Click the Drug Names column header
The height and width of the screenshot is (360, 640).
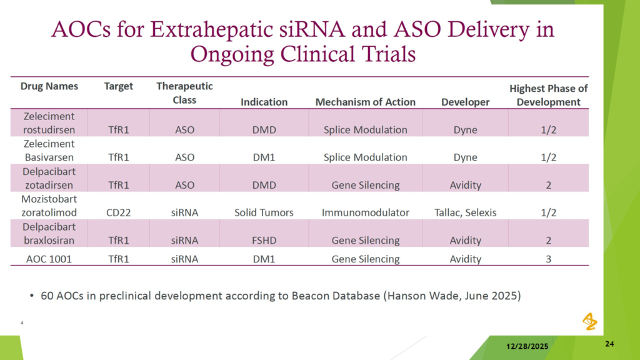(49, 86)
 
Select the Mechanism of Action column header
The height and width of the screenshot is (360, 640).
(365, 102)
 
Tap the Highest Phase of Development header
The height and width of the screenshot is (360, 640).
(548, 95)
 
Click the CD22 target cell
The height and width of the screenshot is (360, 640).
(118, 212)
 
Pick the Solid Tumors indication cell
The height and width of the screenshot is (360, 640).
(264, 212)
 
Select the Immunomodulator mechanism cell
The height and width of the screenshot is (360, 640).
(365, 212)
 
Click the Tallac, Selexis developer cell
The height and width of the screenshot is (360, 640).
(465, 212)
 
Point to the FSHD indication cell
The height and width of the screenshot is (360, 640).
(264, 241)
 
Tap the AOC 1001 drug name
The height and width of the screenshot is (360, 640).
(49, 259)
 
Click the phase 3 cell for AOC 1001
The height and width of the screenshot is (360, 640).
(549, 259)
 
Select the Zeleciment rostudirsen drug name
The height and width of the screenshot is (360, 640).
(49, 123)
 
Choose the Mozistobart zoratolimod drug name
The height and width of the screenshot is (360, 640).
(49, 206)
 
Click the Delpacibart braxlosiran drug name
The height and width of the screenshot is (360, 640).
(49, 234)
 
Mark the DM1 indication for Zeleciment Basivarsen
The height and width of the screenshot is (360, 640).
(264, 157)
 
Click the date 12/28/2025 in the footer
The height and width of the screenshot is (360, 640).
(527, 346)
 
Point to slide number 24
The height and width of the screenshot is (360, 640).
(609, 344)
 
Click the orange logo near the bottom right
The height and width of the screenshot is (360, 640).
(590, 322)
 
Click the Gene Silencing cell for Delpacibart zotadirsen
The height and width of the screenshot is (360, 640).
(365, 185)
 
